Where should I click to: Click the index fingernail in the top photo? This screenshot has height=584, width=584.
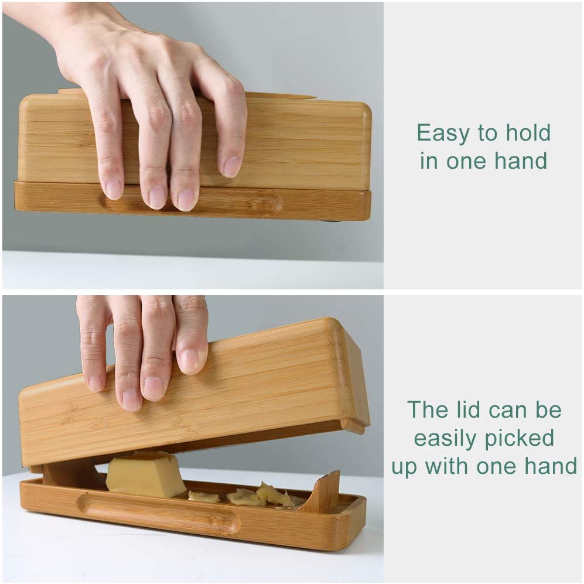point(113,189)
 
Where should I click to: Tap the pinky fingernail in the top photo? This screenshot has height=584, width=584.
point(231,166)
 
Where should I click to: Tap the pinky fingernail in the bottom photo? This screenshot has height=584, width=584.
point(189,360)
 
